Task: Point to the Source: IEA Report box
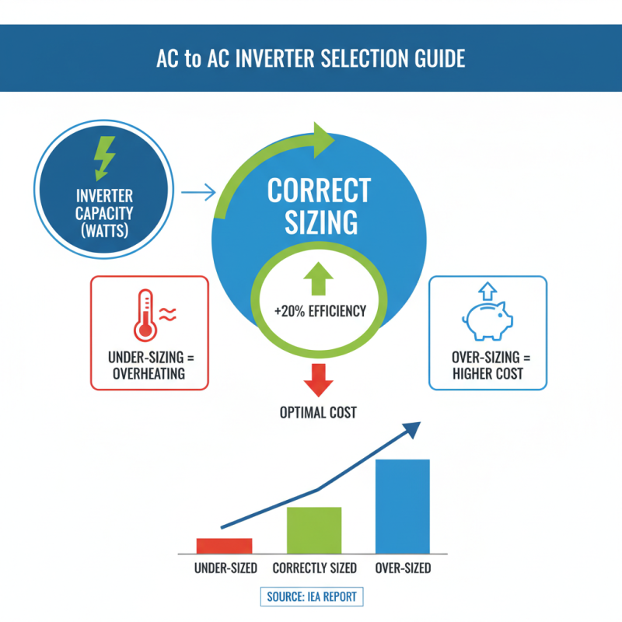(x=311, y=597)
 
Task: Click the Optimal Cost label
(x=317, y=412)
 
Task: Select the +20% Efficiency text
(x=320, y=312)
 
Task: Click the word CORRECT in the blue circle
(x=320, y=190)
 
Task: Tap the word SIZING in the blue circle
(x=320, y=223)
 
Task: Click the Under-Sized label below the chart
(x=225, y=568)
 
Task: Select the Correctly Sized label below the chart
(x=314, y=568)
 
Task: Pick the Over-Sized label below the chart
(x=403, y=568)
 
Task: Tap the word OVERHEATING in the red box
(x=149, y=373)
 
